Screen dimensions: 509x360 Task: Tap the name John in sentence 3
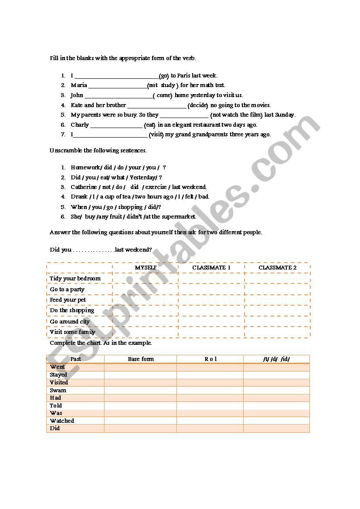[x=77, y=95]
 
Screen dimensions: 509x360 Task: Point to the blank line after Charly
[x=116, y=126]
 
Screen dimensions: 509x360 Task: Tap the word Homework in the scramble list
[x=85, y=168]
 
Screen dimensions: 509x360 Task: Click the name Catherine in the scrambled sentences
[x=84, y=187]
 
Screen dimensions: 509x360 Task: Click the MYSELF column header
[x=146, y=267]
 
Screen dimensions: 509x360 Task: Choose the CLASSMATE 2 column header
[x=277, y=267]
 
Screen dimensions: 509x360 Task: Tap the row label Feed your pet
[x=68, y=300]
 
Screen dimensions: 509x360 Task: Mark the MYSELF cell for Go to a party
[x=146, y=290]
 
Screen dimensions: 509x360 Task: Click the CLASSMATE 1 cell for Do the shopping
[x=211, y=310]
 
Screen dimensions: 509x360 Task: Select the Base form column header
[x=141, y=359]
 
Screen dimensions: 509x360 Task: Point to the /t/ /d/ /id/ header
[x=276, y=359]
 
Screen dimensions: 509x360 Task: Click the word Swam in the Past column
[x=58, y=390]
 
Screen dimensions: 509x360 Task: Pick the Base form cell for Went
[x=140, y=367]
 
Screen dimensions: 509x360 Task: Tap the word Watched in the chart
[x=62, y=421]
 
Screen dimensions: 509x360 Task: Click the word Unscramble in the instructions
[x=66, y=151]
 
